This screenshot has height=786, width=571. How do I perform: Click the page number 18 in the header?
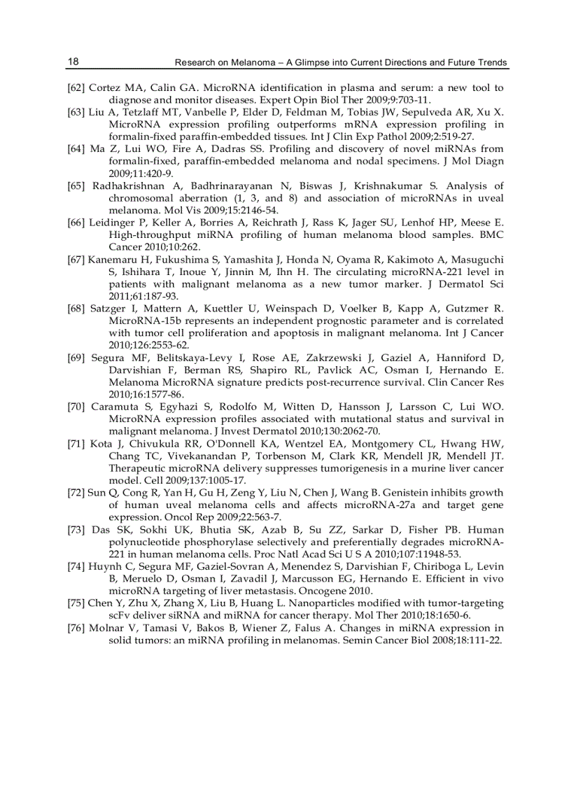(x=73, y=62)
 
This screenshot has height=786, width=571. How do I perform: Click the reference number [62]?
(x=76, y=87)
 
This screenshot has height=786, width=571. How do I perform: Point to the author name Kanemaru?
(x=111, y=260)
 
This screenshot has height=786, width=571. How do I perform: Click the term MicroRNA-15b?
(x=140, y=321)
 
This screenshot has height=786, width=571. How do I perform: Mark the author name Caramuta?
(x=114, y=407)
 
